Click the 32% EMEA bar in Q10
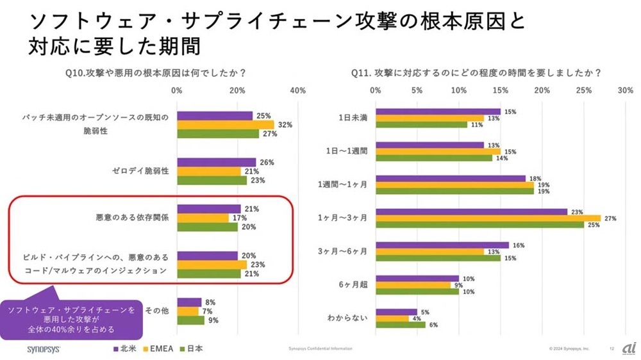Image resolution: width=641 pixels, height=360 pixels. (x=225, y=125)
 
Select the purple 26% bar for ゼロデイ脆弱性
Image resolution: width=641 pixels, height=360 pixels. (x=216, y=163)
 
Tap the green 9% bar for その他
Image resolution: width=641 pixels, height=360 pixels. (x=190, y=320)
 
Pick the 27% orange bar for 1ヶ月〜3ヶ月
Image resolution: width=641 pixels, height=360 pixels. (x=488, y=218)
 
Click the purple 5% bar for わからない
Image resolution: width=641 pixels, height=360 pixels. (x=396, y=312)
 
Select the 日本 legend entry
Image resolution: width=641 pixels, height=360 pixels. (x=195, y=349)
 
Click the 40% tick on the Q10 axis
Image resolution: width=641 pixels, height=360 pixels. (x=297, y=91)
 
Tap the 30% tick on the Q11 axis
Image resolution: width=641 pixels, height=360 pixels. (x=625, y=91)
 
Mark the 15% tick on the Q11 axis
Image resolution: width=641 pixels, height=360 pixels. (x=501, y=91)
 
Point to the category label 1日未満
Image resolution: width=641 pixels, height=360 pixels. (x=353, y=119)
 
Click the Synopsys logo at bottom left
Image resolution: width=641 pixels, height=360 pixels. (x=44, y=349)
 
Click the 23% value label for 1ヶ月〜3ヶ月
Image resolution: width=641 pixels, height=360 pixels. (x=576, y=211)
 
